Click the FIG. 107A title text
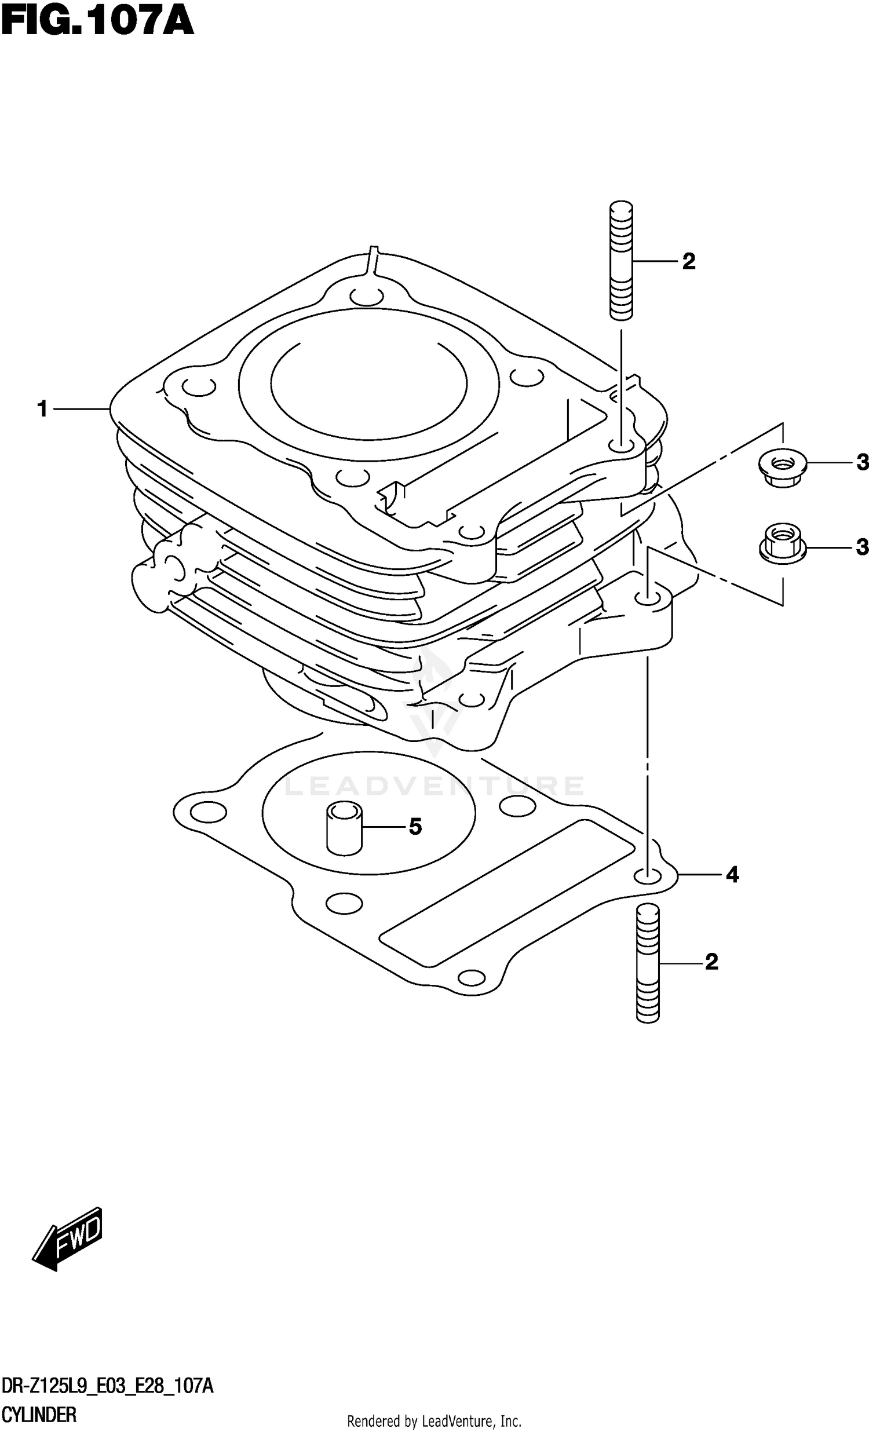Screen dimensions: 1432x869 (97, 23)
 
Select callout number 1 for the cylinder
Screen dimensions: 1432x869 (42, 409)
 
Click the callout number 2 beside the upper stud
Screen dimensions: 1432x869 (689, 261)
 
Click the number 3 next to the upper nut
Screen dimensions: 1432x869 (862, 463)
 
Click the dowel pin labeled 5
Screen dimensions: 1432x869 (344, 828)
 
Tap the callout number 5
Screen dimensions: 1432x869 (415, 827)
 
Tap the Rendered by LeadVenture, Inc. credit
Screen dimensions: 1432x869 (433, 1417)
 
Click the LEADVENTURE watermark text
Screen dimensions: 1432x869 (433, 786)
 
